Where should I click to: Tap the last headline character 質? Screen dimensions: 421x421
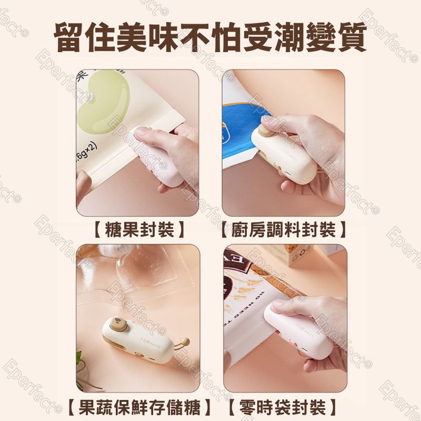coord(349,35)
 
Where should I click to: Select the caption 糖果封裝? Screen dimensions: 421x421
coord(138,230)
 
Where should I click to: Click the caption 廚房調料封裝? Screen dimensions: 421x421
coord(283,230)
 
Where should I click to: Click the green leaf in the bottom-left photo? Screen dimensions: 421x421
coord(79,363)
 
